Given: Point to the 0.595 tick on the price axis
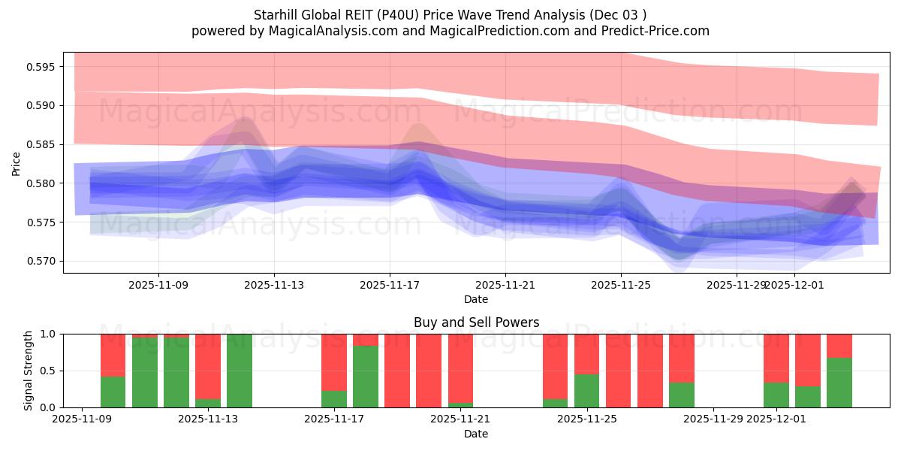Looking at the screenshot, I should click(41, 67).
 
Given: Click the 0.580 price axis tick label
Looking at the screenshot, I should click(41, 183).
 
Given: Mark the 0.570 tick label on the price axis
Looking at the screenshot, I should click(41, 262).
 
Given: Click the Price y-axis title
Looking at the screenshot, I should click(17, 163).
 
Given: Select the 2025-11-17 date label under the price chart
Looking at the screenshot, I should click(390, 286).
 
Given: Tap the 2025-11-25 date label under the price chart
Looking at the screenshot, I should click(621, 286).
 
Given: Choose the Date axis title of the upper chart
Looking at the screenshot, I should click(476, 299).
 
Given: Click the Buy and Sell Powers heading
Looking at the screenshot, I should click(476, 322).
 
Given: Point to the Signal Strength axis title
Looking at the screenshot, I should click(29, 371).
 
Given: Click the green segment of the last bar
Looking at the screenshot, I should click(839, 383).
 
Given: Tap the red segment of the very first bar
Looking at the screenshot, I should click(113, 355).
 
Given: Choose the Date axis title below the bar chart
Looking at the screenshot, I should click(476, 434).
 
